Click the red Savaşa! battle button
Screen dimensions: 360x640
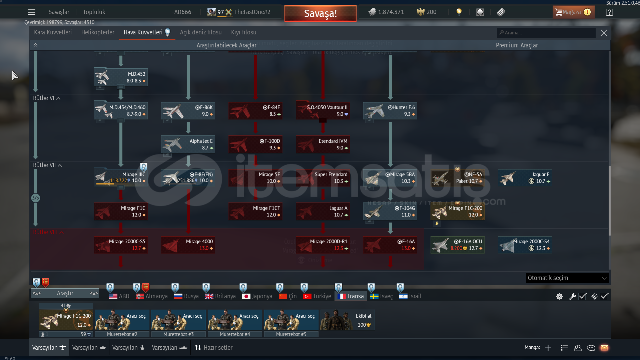click(x=320, y=13)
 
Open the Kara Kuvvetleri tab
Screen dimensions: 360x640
click(x=53, y=32)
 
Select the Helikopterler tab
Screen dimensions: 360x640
click(x=98, y=32)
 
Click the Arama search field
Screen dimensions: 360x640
click(x=547, y=33)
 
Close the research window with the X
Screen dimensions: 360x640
click(x=604, y=33)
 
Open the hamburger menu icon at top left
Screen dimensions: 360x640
click(x=31, y=12)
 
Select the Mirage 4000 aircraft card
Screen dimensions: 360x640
click(x=188, y=245)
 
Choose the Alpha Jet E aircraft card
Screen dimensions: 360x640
click(x=188, y=144)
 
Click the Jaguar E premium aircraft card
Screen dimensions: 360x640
click(x=525, y=178)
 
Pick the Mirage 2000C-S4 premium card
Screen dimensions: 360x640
click(x=525, y=245)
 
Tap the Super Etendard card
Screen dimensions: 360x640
click(x=323, y=178)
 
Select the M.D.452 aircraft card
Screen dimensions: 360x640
click(x=121, y=77)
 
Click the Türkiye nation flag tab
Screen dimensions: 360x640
click(x=317, y=296)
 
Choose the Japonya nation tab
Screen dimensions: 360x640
click(x=257, y=296)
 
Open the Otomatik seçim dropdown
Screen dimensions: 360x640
click(x=567, y=278)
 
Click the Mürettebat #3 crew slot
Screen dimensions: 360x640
click(x=178, y=320)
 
